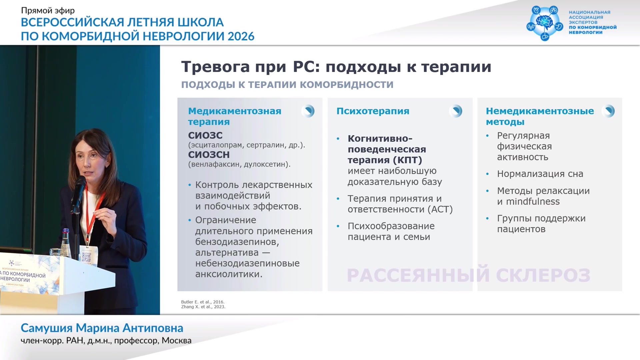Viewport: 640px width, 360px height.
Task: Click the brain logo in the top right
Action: pyautogui.click(x=545, y=23)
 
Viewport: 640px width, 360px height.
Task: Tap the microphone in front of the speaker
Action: pyautogui.click(x=79, y=193)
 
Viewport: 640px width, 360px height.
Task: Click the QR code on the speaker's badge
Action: pyautogui.click(x=86, y=257)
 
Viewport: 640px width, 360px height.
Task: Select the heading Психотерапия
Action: pyautogui.click(x=373, y=111)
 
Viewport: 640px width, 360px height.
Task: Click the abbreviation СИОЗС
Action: pyautogui.click(x=205, y=135)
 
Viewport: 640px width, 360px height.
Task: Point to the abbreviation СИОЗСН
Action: pyautogui.click(x=209, y=155)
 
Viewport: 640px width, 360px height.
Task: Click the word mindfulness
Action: pyautogui.click(x=533, y=201)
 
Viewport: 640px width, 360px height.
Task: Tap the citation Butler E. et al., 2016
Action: pyautogui.click(x=203, y=302)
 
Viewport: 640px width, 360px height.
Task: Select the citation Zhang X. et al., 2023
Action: pyautogui.click(x=203, y=307)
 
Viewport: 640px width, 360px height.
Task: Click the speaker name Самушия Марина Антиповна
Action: pyautogui.click(x=102, y=328)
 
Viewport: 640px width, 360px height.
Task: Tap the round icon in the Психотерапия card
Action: pyautogui.click(x=455, y=111)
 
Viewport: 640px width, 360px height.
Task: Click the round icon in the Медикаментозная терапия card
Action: pyautogui.click(x=308, y=111)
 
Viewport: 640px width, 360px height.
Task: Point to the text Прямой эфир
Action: pyautogui.click(x=48, y=10)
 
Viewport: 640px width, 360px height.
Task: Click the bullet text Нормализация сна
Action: pyautogui.click(x=540, y=174)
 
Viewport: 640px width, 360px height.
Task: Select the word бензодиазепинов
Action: pyautogui.click(x=237, y=242)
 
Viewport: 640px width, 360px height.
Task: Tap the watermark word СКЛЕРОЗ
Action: pyautogui.click(x=543, y=275)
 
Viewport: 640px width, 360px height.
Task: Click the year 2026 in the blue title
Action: pyautogui.click(x=241, y=36)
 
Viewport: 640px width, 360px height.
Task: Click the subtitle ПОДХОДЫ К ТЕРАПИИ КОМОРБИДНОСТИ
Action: pyautogui.click(x=287, y=85)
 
